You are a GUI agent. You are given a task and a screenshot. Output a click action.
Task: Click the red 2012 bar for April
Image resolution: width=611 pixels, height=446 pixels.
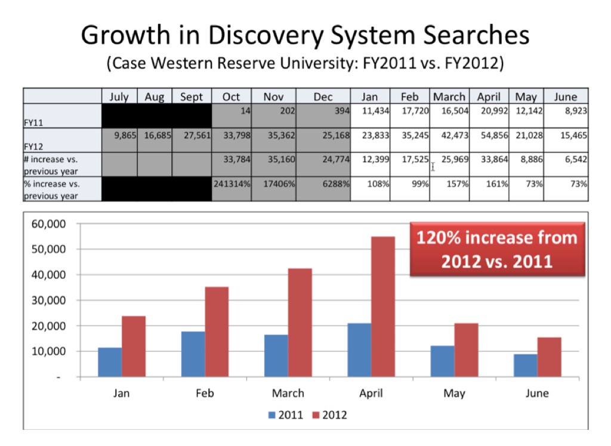pyautogui.click(x=383, y=306)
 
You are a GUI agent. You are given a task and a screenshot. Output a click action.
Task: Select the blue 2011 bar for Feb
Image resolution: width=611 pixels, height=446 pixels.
pyautogui.click(x=193, y=354)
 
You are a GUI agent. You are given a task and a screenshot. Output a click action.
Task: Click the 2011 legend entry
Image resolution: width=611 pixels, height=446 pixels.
pyautogui.click(x=285, y=415)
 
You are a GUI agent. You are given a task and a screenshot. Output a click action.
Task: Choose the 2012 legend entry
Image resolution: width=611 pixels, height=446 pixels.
pyautogui.click(x=328, y=415)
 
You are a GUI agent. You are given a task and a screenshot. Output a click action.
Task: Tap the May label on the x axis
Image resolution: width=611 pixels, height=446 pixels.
pyautogui.click(x=455, y=394)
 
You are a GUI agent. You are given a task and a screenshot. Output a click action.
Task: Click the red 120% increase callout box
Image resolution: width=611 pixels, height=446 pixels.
pyautogui.click(x=497, y=249)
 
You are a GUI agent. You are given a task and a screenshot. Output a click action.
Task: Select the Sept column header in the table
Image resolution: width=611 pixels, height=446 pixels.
pyautogui.click(x=192, y=97)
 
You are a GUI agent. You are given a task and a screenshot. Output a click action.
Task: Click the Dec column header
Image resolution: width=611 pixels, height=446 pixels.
pyautogui.click(x=323, y=97)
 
